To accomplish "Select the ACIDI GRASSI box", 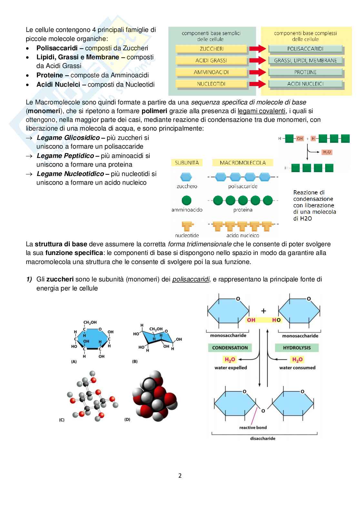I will click(211, 61).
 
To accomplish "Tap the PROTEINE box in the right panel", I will click(305, 72).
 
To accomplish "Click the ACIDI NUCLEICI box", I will click(305, 84).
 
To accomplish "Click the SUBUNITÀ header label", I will click(187, 163).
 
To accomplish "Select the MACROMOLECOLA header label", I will click(243, 163).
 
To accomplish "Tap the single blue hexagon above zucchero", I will click(186, 177).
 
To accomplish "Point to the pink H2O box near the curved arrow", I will click(327, 152).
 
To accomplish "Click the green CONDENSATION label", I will click(230, 348).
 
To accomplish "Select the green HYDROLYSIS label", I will click(297, 348).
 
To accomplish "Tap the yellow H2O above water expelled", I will click(230, 359).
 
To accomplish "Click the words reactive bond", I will click(253, 428).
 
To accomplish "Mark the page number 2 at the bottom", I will click(180, 475).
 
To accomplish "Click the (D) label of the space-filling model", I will click(127, 420).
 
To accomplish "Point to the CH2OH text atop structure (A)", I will click(90, 322).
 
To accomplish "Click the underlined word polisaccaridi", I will click(191, 279).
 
